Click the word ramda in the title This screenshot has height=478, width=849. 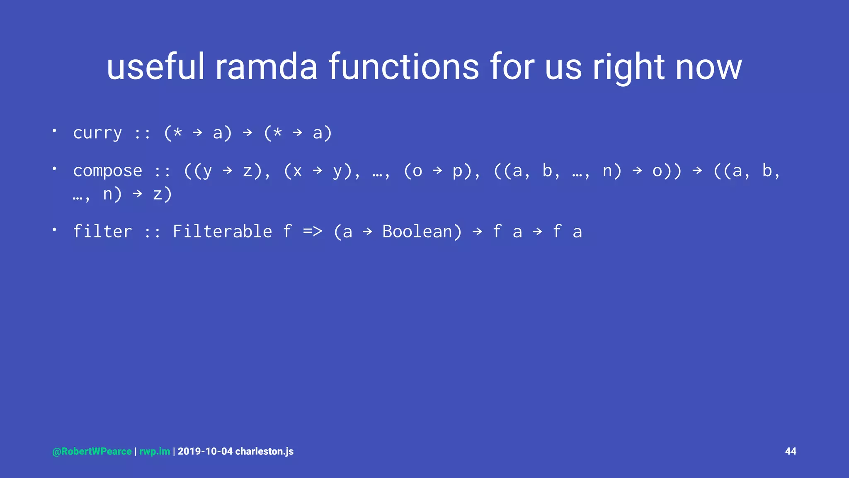click(266, 67)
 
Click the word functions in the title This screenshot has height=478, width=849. click(404, 67)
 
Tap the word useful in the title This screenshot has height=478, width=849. click(155, 67)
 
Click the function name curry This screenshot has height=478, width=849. click(97, 133)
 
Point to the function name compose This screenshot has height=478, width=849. click(107, 171)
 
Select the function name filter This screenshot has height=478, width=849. click(102, 232)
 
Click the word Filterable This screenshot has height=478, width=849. click(222, 232)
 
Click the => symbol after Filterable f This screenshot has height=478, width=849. click(312, 232)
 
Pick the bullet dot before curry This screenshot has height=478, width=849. click(54, 131)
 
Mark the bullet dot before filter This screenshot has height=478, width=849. click(54, 229)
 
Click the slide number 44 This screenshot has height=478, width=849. click(791, 451)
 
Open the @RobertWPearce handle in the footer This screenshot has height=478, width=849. click(92, 451)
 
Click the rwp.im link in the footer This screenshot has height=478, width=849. click(155, 451)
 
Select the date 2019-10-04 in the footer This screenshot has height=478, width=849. click(205, 451)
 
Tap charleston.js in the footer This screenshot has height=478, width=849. click(264, 451)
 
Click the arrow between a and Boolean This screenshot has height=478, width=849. click(367, 232)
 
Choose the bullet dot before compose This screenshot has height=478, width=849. click(54, 168)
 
